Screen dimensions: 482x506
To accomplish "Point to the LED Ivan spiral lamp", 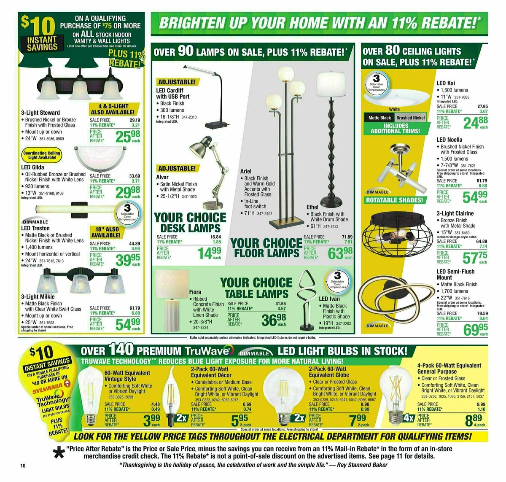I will [307, 299].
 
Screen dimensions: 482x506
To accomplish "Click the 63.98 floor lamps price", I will [341, 253].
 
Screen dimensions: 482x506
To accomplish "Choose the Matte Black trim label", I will [379, 118].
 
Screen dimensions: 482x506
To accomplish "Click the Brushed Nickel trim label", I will [410, 118].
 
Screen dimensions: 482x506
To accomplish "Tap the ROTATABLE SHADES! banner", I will [394, 200].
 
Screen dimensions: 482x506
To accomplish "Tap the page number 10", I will [23, 466].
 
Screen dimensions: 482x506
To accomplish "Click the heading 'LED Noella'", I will [449, 140].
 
